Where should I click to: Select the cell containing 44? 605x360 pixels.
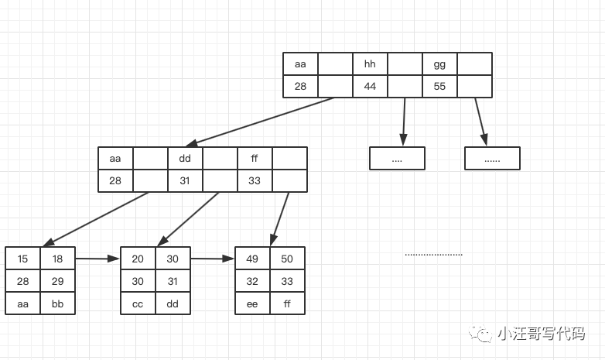370,86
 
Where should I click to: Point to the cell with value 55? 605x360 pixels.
439,86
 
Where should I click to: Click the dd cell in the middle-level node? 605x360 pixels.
185,159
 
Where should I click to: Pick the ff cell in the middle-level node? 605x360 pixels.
255,159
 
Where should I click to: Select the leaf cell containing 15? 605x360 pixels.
22,259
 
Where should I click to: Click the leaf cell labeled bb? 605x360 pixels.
57,303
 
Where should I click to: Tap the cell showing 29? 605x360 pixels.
57,281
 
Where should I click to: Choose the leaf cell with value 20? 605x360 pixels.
138,259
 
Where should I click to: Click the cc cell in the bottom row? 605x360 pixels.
138,303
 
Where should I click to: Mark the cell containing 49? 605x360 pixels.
252,259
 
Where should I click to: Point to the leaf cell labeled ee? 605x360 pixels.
252,303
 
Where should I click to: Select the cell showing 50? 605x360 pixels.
287,259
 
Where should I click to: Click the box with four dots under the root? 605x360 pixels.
397,159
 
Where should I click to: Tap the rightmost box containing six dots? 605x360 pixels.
492,159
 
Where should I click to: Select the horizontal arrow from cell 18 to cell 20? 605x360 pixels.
97,259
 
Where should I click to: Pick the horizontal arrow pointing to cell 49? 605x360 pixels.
212,259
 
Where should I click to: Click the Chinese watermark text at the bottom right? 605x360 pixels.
540,334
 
